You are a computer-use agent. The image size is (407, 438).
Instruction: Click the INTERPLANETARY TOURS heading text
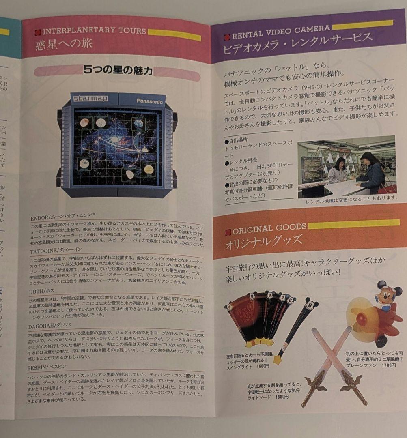point(94,31)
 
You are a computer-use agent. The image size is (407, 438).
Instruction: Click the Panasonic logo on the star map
point(149,101)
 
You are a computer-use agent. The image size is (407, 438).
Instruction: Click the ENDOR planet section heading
point(62,215)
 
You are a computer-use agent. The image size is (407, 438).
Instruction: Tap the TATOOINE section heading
point(56,250)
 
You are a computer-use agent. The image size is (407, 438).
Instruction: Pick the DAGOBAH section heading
point(49,325)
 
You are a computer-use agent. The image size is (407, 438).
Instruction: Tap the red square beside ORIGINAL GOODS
point(228,232)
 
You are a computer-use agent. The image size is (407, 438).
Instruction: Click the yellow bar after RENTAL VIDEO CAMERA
point(362,25)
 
